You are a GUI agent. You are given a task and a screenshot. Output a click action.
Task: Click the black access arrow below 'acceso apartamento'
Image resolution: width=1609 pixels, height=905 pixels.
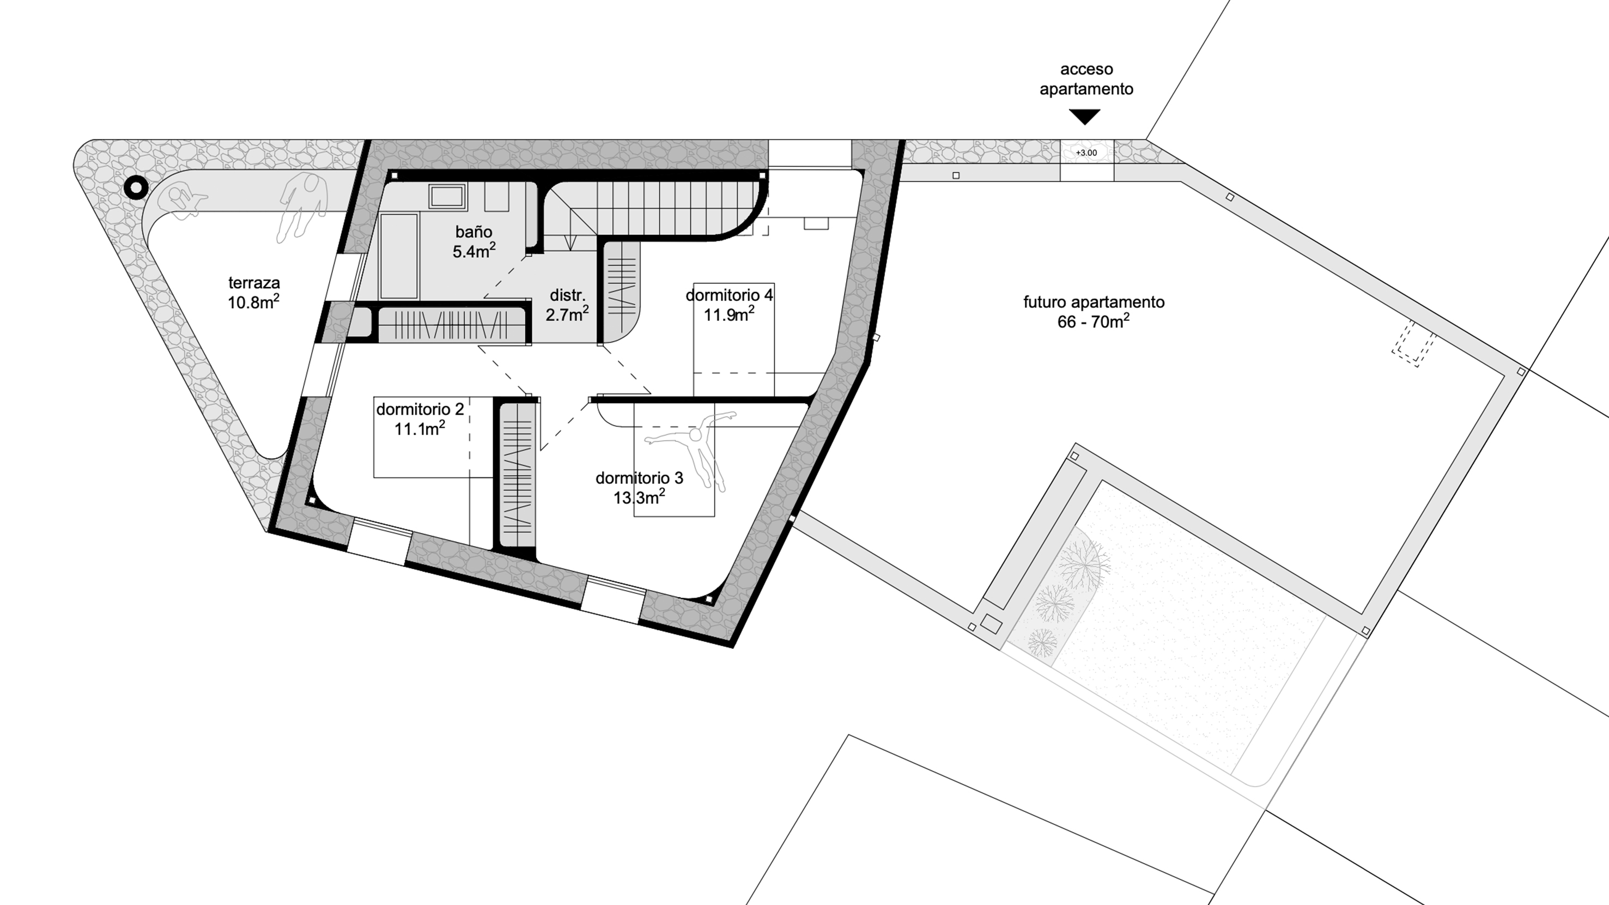(1084, 116)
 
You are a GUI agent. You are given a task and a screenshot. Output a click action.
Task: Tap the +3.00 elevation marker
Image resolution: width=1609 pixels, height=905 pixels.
(1086, 153)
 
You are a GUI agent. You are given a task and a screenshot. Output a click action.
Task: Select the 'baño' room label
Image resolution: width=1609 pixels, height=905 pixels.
(473, 232)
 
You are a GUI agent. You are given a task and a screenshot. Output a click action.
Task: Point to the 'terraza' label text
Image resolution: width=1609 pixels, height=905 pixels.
(253, 283)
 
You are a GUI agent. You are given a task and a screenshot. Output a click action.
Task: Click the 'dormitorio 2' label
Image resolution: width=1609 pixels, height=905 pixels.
(420, 410)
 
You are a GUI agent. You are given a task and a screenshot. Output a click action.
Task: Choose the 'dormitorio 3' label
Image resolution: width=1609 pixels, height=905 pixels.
(639, 478)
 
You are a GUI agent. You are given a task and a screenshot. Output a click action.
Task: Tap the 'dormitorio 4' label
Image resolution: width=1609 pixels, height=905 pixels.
(729, 295)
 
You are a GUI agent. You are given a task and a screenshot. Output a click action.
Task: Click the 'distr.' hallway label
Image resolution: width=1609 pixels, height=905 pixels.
(567, 295)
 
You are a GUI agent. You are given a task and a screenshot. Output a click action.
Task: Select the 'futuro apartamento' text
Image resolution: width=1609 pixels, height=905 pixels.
(1094, 302)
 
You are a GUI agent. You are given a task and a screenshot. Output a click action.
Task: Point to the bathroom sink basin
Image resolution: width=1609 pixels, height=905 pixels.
(447, 196)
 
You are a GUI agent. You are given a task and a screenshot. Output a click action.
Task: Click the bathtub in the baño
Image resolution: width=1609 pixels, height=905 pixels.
(398, 256)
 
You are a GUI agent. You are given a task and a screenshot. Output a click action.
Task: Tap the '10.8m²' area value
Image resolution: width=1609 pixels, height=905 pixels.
(253, 302)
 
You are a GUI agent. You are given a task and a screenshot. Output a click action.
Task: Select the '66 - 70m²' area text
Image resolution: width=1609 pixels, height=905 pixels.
(1093, 321)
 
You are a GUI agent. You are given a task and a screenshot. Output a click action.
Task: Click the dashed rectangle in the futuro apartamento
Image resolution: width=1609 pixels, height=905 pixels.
(1413, 343)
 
